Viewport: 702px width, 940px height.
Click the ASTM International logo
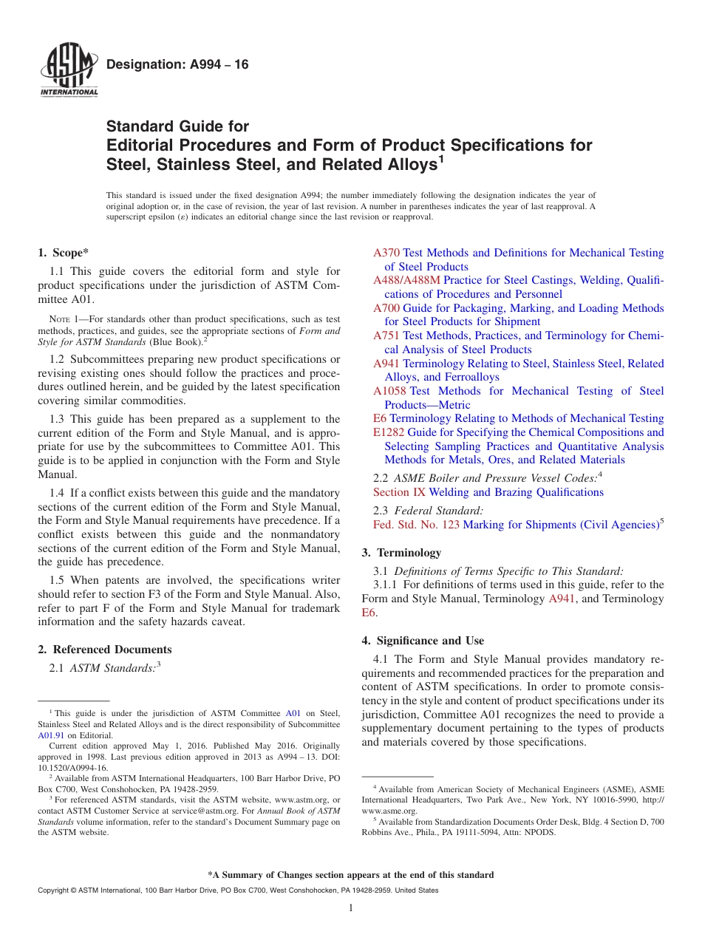point(68,71)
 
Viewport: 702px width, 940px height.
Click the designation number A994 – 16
point(177,65)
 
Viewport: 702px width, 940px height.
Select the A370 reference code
point(386,253)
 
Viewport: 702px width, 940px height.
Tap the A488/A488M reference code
point(406,280)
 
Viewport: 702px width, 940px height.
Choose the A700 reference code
point(386,308)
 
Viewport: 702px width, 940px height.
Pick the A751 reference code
point(386,336)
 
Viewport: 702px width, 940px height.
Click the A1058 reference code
point(389,391)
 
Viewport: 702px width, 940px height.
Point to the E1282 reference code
point(389,432)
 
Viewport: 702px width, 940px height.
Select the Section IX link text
point(399,492)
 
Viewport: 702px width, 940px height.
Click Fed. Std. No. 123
point(416,525)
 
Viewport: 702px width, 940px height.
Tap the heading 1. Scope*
point(64,253)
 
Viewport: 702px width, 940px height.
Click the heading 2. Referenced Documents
point(104,650)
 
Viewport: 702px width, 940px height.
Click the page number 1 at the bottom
point(351,908)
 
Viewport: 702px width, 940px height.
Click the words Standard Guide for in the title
point(177,126)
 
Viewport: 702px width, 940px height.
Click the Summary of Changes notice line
point(350,875)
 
